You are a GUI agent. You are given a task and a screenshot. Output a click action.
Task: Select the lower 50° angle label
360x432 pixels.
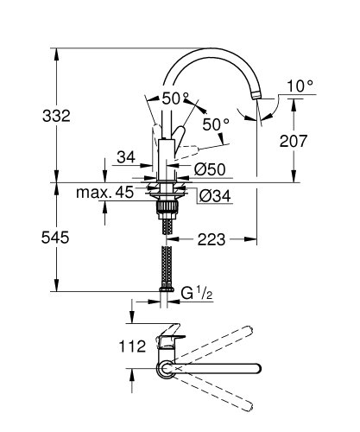coord(216,124)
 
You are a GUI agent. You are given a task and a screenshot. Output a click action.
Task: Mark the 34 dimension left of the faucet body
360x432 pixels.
coord(126,156)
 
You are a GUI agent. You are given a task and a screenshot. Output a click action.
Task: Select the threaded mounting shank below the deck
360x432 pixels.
coord(164,213)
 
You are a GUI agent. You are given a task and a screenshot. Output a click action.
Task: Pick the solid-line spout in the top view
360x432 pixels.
coord(216,370)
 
